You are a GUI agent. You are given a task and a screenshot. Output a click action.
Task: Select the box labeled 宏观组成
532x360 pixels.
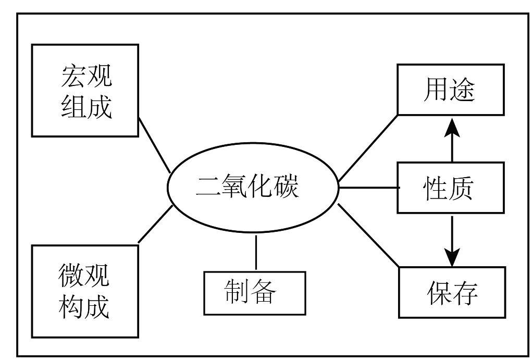point(85,90)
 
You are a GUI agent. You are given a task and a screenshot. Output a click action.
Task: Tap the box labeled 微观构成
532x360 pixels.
point(85,291)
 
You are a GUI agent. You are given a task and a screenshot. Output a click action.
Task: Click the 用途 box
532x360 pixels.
point(451,90)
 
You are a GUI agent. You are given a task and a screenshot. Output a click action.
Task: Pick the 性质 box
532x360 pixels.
point(451,188)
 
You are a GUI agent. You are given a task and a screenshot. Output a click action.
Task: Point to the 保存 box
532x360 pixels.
point(452,292)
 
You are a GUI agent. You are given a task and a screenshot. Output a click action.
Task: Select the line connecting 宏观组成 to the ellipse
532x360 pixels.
point(154,145)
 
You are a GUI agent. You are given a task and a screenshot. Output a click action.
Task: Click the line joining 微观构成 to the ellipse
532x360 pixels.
point(155,224)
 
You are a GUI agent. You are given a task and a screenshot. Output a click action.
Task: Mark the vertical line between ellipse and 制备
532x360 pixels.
point(256,253)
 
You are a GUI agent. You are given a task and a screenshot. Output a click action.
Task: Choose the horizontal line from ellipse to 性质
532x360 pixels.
point(368,187)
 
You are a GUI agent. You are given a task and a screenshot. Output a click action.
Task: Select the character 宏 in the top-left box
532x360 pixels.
point(72,77)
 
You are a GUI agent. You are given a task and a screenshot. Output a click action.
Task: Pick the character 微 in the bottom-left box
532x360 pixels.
point(72,276)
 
